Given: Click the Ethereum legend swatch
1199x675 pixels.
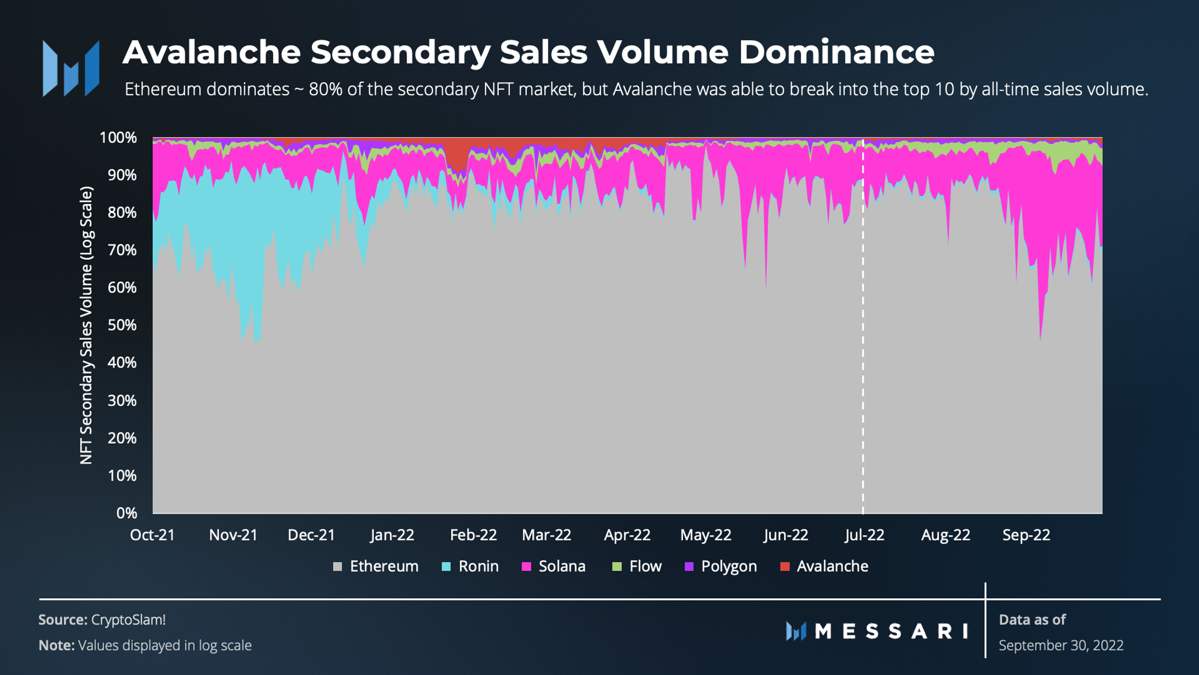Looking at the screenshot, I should [x=338, y=566].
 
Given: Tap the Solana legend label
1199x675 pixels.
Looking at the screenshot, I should [x=561, y=566].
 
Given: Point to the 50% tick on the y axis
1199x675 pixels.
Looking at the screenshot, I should [x=122, y=325].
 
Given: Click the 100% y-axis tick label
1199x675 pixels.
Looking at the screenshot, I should [x=118, y=138].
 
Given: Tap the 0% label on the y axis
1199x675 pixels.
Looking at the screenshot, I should [x=127, y=513].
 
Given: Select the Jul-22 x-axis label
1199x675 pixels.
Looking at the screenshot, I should [x=864, y=535].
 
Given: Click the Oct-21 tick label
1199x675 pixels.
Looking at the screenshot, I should [x=152, y=535].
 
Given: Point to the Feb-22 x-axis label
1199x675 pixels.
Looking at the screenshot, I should [x=473, y=535].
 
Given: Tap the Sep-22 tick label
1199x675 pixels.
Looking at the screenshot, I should [x=1026, y=535].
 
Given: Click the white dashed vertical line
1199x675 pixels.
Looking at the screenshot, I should [x=863, y=336].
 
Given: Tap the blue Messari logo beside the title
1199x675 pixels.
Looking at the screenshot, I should [x=71, y=68].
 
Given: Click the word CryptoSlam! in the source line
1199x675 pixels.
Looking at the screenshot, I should [x=128, y=620].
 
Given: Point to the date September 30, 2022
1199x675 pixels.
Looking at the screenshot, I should [x=1061, y=645].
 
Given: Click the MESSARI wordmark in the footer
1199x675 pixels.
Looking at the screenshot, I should [x=891, y=631].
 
